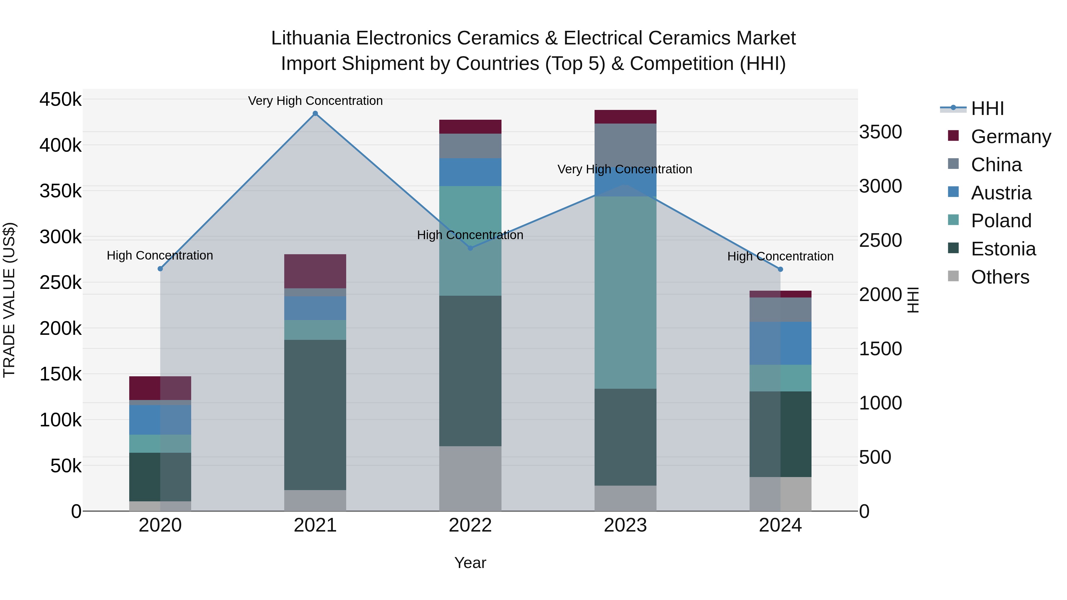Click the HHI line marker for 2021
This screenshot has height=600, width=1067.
(315, 113)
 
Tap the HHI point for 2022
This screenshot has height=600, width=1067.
(470, 248)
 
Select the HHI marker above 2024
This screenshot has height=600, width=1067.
(780, 269)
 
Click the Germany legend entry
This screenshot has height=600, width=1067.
(1011, 136)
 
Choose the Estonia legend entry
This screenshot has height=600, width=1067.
(1003, 249)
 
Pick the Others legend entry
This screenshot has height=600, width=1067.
(1000, 277)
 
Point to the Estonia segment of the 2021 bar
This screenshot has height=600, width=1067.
(315, 415)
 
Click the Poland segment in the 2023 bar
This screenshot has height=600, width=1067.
(625, 292)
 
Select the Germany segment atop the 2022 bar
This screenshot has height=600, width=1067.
(470, 127)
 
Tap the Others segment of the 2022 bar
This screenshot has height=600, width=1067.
(470, 479)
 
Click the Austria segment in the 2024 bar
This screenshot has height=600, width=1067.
(780, 343)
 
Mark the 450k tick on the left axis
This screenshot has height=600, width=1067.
(60, 100)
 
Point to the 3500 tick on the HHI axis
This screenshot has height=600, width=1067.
(880, 132)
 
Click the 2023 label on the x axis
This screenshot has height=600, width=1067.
(625, 525)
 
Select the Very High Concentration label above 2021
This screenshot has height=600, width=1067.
(315, 101)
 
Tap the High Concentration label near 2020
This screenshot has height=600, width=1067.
(160, 255)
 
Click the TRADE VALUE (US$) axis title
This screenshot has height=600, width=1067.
(9, 300)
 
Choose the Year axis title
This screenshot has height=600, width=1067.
(470, 563)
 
